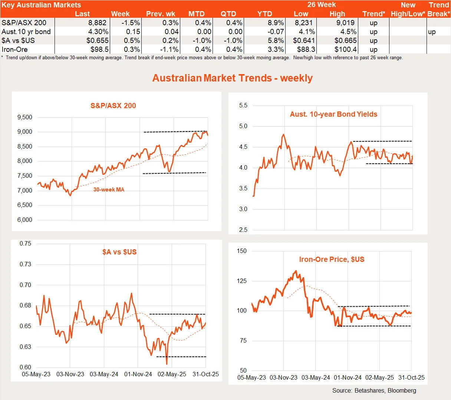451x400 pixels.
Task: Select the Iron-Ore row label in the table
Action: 14,49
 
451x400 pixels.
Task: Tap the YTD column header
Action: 264,14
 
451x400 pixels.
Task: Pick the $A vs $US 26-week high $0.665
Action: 345,40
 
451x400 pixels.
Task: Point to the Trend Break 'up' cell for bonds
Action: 432,31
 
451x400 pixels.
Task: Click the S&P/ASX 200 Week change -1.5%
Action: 130,23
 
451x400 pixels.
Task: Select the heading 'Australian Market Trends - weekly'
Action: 233,78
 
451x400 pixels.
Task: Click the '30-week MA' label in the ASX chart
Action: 109,190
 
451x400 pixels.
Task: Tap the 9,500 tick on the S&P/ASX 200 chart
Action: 25,117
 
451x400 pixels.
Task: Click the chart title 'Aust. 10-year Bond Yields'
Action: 333,114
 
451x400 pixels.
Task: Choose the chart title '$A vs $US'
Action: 119,252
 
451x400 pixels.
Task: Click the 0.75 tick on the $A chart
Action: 25,244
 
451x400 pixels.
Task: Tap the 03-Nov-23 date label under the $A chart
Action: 70,374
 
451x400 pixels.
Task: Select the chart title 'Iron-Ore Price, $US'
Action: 332,259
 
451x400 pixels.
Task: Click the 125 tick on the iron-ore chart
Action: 242,281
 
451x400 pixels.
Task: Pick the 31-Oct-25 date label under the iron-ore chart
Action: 411,377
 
